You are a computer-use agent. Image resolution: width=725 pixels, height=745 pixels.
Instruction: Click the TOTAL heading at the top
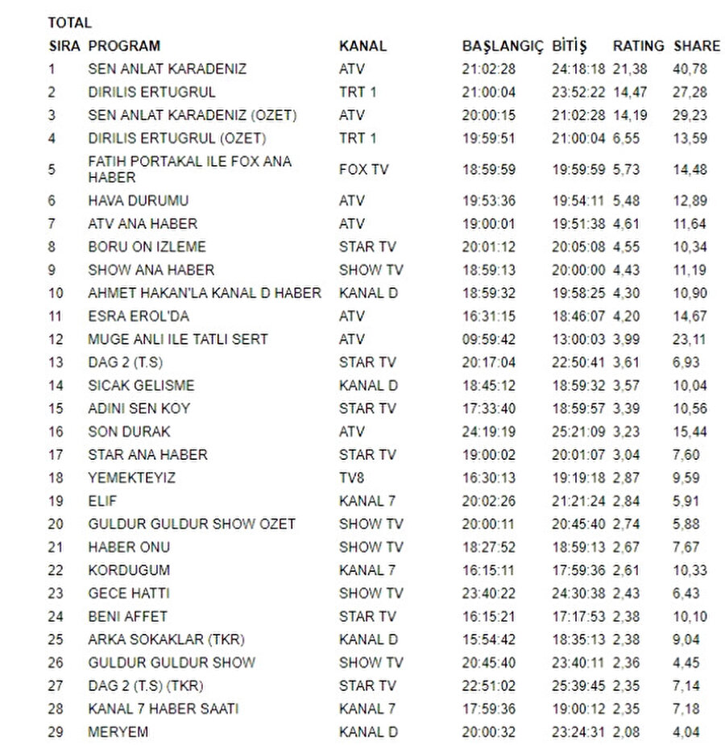point(69,23)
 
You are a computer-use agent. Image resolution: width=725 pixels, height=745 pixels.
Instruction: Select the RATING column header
point(638,46)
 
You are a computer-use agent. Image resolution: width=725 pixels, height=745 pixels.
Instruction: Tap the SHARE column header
point(698,46)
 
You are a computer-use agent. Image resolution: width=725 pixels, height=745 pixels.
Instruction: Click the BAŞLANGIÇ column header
point(503,46)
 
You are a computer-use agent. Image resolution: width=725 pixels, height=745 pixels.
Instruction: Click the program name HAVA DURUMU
point(138,201)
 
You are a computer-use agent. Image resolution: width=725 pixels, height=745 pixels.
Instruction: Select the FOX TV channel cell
point(363,170)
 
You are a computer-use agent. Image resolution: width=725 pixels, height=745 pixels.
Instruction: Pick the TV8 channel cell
point(352,478)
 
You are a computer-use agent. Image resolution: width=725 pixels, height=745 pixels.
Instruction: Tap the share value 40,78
point(690,69)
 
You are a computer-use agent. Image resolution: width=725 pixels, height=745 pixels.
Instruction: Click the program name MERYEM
point(118,732)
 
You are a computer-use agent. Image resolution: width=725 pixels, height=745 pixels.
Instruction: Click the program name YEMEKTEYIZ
point(131,478)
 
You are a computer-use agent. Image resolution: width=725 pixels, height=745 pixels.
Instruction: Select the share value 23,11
point(690,339)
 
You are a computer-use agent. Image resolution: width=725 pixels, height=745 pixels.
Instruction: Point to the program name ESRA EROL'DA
point(139,317)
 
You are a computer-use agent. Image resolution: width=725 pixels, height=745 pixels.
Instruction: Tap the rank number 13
point(56,362)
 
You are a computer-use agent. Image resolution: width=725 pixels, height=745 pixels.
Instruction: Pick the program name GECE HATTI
point(129,594)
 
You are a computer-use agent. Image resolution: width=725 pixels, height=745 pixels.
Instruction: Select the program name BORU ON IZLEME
point(147,246)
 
